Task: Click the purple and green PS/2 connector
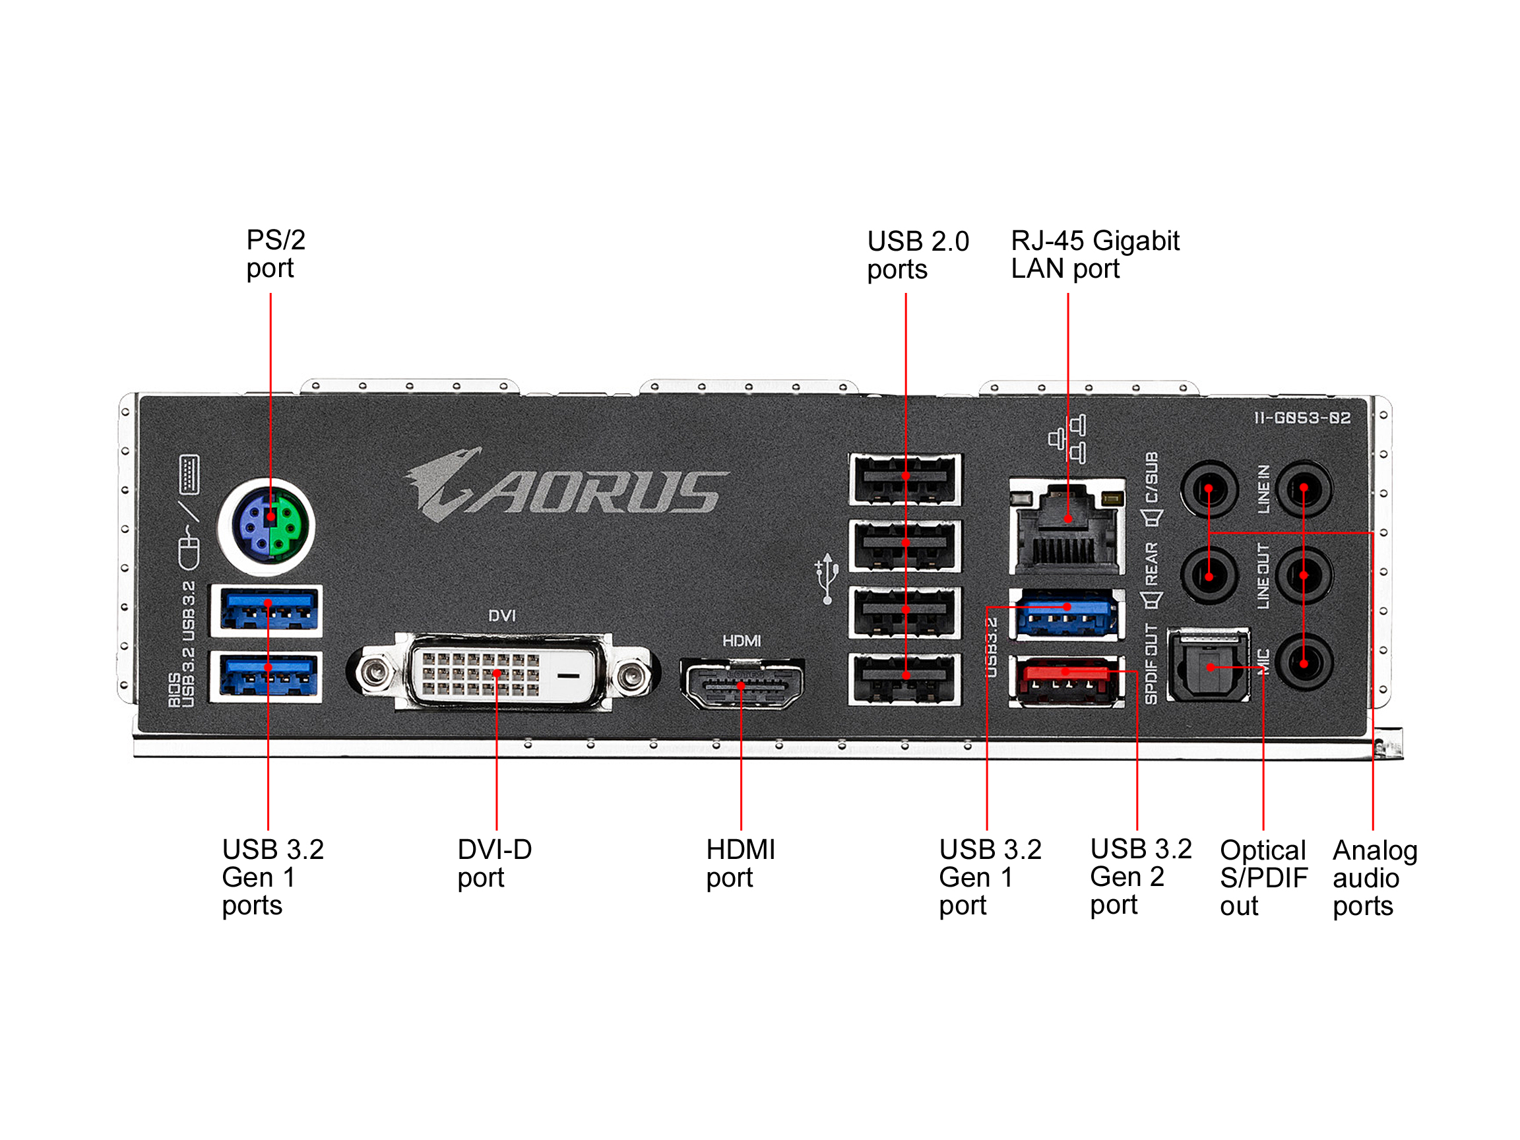(x=267, y=526)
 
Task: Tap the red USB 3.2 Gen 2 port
(x=1066, y=681)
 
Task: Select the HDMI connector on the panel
(x=742, y=684)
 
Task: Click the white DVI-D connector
(x=501, y=673)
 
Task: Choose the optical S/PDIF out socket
(x=1209, y=665)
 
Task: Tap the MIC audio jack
(x=1304, y=663)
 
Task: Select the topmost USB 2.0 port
(x=905, y=478)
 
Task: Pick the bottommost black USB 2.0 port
(x=905, y=679)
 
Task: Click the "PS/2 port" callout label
(x=276, y=253)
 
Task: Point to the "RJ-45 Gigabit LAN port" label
(x=1094, y=254)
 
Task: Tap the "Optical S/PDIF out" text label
(x=1263, y=878)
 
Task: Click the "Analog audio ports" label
(x=1374, y=878)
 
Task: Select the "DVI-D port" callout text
(x=494, y=864)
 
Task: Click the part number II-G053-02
(x=1302, y=418)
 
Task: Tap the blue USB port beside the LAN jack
(x=1066, y=613)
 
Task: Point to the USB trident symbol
(x=827, y=578)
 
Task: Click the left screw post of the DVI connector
(x=375, y=672)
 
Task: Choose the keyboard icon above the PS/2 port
(x=189, y=474)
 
